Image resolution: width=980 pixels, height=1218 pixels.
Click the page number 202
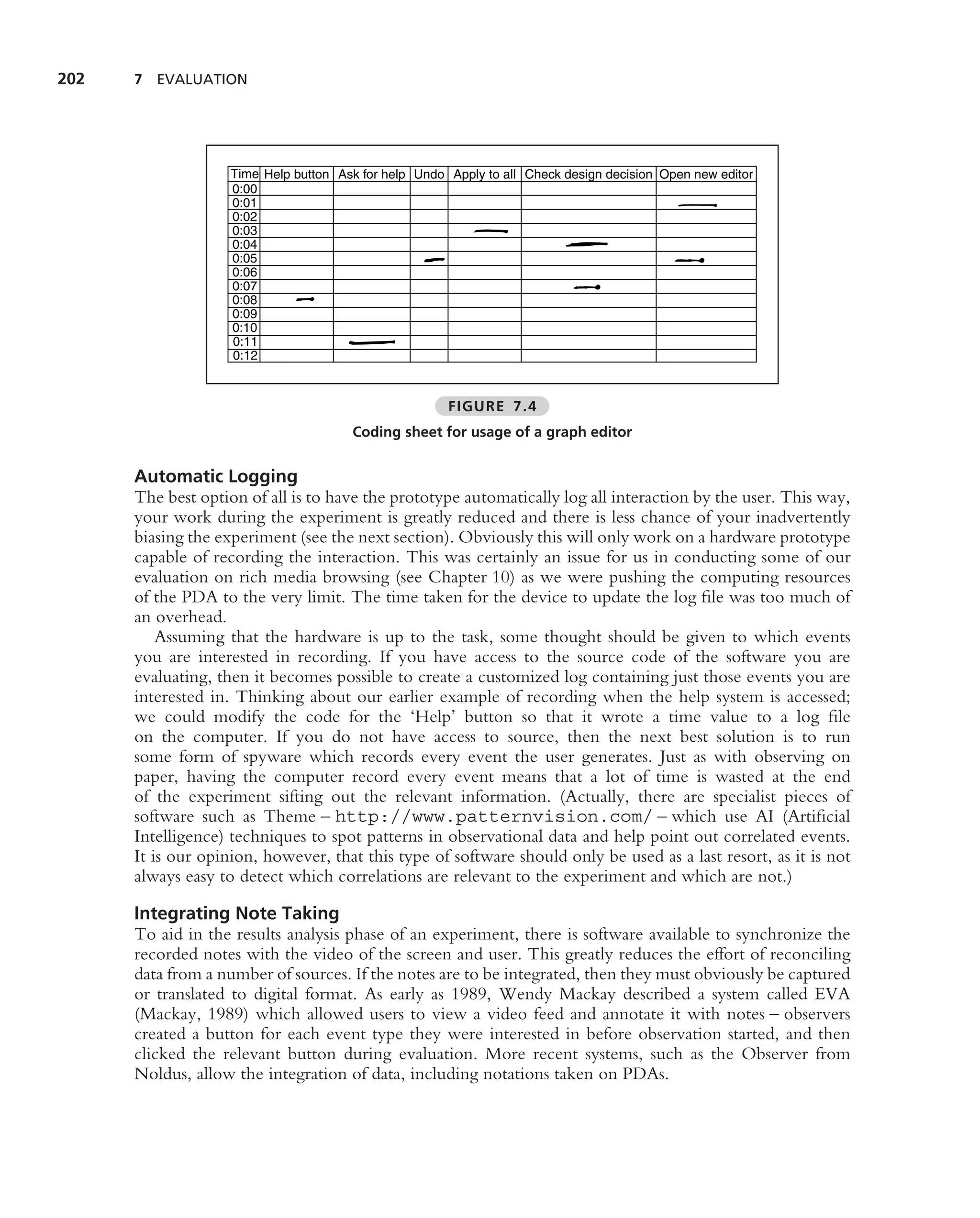pos(71,79)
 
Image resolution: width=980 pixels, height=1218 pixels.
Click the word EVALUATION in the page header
pos(202,80)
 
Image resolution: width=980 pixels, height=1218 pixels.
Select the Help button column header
pos(296,174)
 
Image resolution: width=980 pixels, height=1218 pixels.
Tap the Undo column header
pos(429,174)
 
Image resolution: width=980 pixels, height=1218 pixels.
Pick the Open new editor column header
pos(705,174)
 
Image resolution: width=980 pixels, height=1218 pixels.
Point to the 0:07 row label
pos(244,286)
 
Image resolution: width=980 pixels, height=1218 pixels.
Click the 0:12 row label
pos(244,356)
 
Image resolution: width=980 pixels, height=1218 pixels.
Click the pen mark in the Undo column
pos(434,259)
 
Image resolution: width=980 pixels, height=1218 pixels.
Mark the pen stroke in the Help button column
pos(305,299)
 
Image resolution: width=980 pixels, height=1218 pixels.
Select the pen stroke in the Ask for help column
pos(371,342)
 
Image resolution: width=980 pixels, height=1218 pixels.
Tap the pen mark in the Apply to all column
pos(490,230)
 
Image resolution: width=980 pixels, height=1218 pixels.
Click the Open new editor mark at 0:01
pos(697,205)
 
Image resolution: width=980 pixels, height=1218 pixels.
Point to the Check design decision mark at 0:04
pos(586,244)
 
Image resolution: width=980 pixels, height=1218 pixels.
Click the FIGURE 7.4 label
pos(492,406)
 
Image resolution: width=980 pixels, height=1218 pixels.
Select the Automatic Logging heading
pos(215,476)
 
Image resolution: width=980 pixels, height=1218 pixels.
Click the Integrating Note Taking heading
pos(236,913)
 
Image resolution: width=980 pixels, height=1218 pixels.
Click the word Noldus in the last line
pos(163,1074)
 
